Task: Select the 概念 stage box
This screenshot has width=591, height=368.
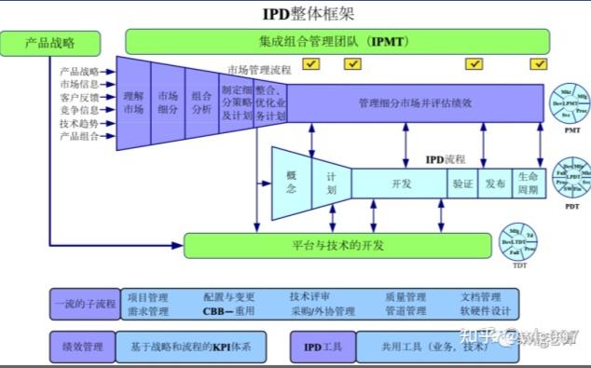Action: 292,181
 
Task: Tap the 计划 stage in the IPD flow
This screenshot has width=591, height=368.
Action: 331,181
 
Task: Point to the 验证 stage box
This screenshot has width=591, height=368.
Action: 463,184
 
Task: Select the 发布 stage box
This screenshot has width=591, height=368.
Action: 496,184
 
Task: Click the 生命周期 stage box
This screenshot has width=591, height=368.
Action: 529,184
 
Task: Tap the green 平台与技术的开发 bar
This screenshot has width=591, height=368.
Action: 337,246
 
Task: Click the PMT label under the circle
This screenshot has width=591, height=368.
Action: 571,131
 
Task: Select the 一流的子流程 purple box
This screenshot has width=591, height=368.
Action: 83,304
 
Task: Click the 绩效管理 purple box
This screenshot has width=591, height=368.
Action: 82,347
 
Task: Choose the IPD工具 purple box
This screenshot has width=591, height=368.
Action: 323,347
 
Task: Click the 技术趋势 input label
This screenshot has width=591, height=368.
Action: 79,123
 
